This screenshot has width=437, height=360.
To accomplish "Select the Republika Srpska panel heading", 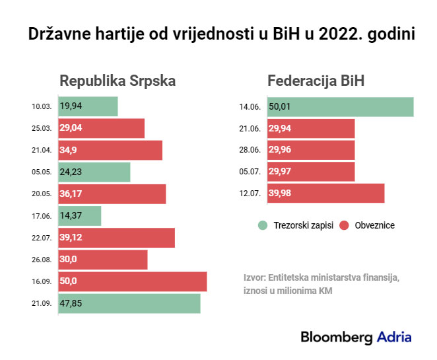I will pyautogui.click(x=118, y=81).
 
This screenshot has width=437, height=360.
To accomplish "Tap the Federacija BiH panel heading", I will pyautogui.click(x=316, y=81).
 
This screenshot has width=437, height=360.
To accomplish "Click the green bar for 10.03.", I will pyautogui.click(x=88, y=106).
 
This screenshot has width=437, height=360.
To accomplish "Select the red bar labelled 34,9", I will pyautogui.click(x=110, y=150).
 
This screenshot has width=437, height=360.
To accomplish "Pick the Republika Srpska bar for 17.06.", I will pyautogui.click(x=80, y=215).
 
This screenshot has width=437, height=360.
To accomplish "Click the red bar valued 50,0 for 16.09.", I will pyautogui.click(x=133, y=281).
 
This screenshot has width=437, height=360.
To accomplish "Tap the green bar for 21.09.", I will pyautogui.click(x=129, y=303).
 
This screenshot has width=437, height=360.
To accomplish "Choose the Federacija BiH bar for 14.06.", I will pyautogui.click(x=340, y=106).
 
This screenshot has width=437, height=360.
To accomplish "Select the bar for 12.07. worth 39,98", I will pyautogui.click(x=325, y=194).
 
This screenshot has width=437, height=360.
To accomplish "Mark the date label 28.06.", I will pyautogui.click(x=250, y=151).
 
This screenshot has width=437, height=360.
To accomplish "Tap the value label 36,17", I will pyautogui.click(x=71, y=194).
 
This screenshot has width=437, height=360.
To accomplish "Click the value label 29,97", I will pyautogui.click(x=279, y=172).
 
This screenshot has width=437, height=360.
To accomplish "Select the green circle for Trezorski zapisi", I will pyautogui.click(x=263, y=225).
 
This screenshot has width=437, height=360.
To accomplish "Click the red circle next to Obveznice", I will pyautogui.click(x=343, y=225).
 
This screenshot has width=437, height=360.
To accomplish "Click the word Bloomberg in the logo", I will pyautogui.click(x=337, y=337).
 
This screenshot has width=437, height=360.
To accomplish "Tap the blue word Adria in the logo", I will pyautogui.click(x=394, y=337).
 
